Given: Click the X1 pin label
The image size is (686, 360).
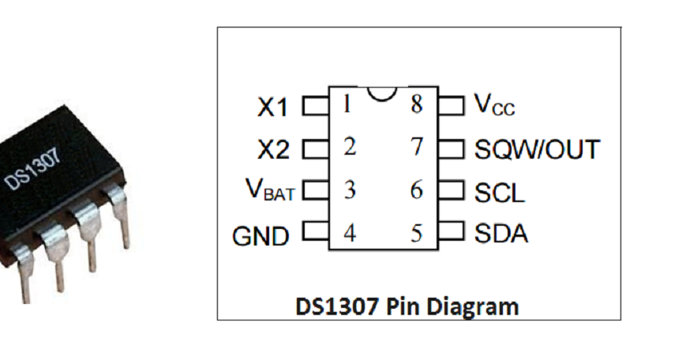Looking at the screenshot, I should point(273,108).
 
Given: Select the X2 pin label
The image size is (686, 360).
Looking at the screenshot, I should point(273,150).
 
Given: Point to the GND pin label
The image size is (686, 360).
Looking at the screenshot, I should point(261,235).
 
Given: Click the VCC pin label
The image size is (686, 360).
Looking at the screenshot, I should point(494,105).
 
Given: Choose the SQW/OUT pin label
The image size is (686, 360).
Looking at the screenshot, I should point(537,149).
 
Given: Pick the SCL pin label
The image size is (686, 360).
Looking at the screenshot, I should point(499,193).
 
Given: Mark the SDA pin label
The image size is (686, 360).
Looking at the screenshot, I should point(501,234).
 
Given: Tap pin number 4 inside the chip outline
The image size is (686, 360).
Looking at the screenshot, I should point(349,234).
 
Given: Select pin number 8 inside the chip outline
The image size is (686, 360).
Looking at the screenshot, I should point(417,104).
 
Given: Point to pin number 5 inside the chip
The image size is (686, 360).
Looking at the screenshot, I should point(417,234).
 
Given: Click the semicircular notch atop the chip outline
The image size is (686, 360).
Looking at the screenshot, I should point(382,92).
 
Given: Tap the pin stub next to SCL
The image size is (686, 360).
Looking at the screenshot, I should point(452,190).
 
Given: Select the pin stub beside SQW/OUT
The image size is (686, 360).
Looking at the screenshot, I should point(452,148).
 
